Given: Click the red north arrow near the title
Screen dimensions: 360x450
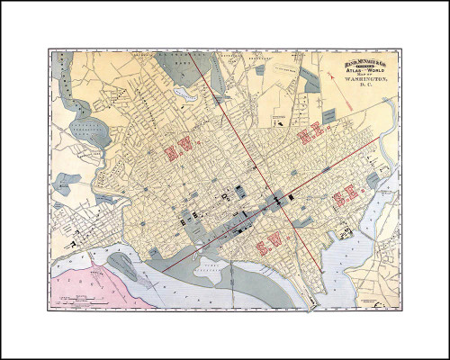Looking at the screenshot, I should (337, 77).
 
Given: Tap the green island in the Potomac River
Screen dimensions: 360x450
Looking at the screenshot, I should (126, 265).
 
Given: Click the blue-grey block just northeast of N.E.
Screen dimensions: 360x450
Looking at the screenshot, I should (329, 115).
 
